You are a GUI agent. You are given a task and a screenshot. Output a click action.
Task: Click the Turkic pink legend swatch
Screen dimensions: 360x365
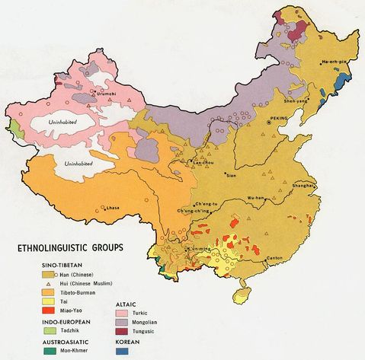click(x=123, y=314)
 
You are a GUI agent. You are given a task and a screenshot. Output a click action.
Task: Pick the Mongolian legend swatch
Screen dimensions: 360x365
click(x=123, y=324)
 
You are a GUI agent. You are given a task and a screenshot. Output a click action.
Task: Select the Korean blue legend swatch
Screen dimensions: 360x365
click(x=123, y=353)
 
